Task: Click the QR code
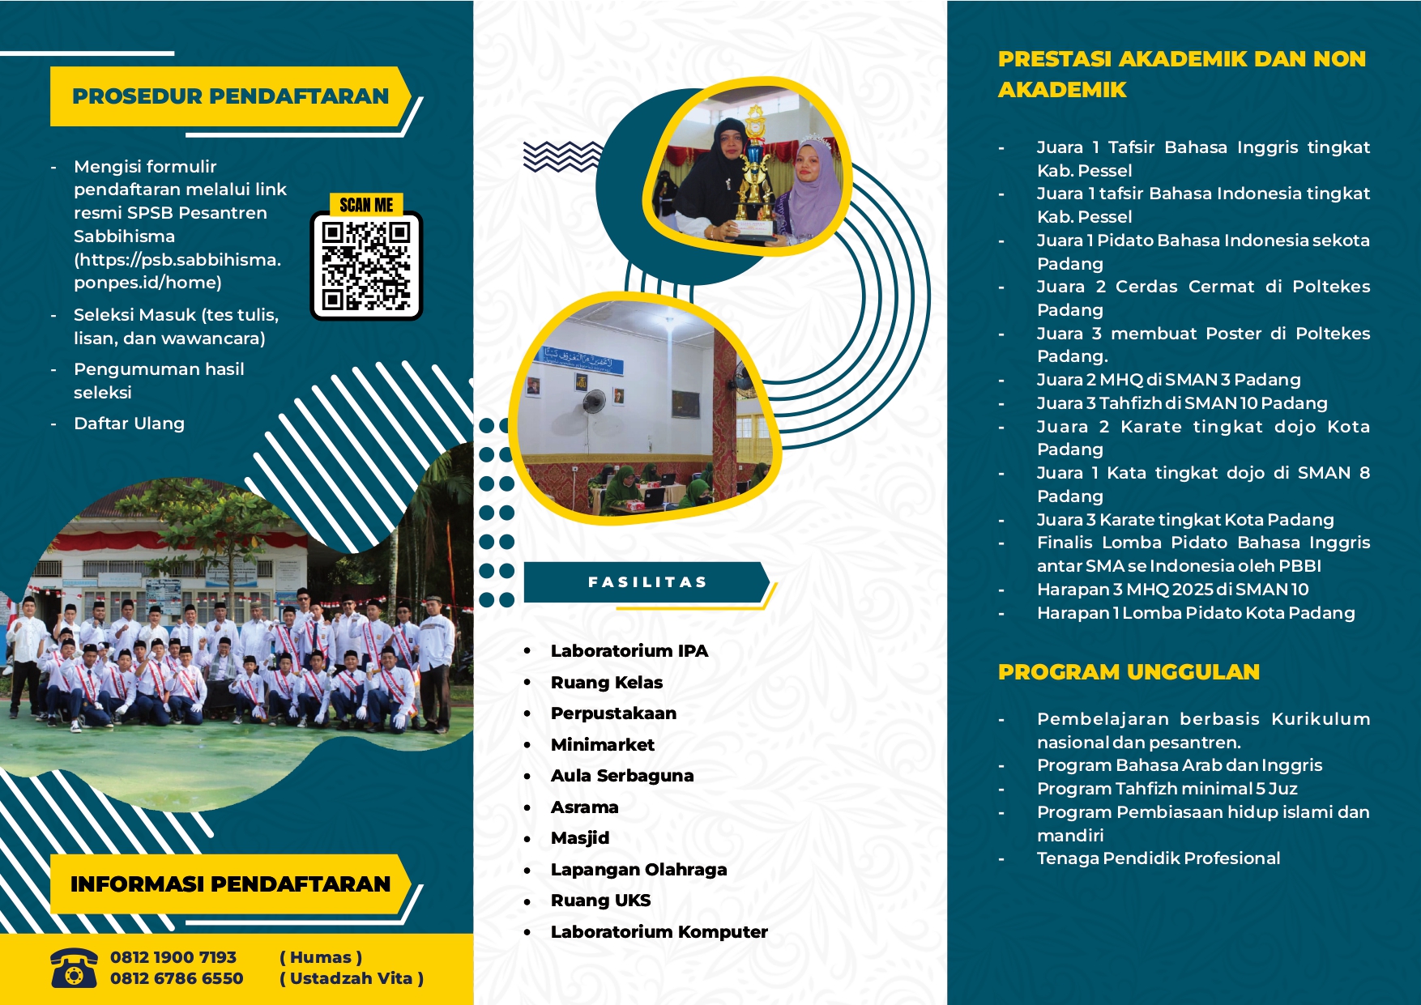point(366,266)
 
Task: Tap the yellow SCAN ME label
point(366,205)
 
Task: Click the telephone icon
point(74,968)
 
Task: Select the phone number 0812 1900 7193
point(173,957)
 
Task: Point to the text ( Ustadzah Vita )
point(352,978)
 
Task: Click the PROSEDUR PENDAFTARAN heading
point(230,96)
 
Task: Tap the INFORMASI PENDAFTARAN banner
point(230,884)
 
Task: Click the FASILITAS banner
point(646,582)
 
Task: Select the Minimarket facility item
point(602,744)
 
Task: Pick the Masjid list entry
point(579,838)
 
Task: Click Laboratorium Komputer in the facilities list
point(659,932)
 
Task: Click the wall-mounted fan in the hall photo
point(592,402)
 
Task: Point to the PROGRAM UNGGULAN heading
point(1129,672)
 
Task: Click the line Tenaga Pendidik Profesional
point(1159,858)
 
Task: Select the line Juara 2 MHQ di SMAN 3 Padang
point(1168,380)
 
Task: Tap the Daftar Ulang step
point(129,424)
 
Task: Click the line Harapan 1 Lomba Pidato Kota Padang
point(1195,613)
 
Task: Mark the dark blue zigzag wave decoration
point(562,156)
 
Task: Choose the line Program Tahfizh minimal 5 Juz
point(1167,789)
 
